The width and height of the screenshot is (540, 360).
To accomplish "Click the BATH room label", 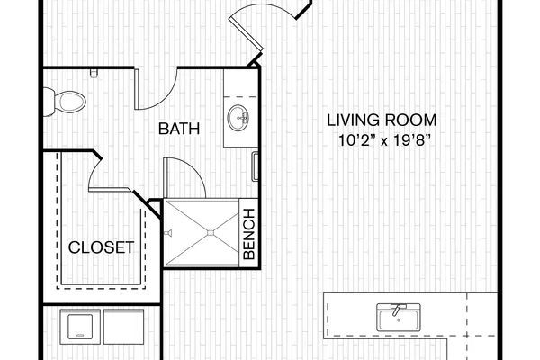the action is [x=179, y=129].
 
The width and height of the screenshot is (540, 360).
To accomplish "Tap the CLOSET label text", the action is [x=101, y=247].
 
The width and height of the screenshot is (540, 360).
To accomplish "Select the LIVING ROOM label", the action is [x=382, y=121].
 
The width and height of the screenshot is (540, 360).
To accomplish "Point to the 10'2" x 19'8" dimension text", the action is [x=384, y=140].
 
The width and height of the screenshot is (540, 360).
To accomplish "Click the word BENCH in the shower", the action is [x=249, y=234].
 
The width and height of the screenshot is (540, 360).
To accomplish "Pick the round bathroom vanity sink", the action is [x=239, y=118].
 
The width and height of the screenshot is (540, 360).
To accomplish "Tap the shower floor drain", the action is [x=211, y=233].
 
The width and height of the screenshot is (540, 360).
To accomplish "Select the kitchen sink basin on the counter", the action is [x=399, y=318].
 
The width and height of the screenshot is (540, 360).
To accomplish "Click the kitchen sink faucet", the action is [x=397, y=309].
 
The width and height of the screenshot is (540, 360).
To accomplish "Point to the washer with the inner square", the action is [x=80, y=327].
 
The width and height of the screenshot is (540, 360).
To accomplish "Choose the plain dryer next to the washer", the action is [x=124, y=327].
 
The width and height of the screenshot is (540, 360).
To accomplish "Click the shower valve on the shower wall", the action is [x=168, y=233].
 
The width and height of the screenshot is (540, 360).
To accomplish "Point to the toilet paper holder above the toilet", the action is [x=94, y=74].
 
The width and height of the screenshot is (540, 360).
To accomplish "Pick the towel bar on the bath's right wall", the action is [x=255, y=166].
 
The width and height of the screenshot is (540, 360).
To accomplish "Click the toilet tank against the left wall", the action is [x=49, y=102].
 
